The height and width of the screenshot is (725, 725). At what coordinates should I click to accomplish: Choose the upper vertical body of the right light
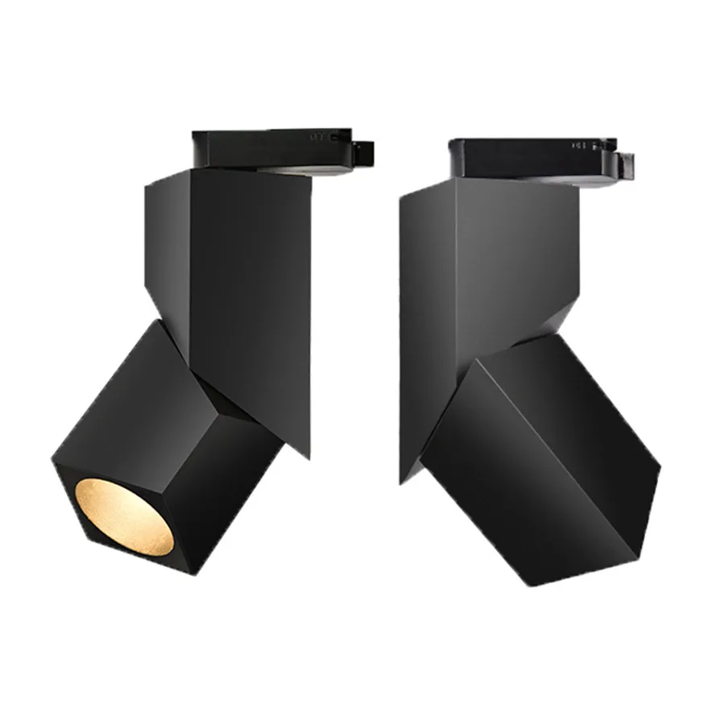click(516, 258)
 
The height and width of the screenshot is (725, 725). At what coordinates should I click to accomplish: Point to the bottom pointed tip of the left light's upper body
click(309, 457)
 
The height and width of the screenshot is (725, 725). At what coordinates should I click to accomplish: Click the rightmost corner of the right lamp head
click(659, 467)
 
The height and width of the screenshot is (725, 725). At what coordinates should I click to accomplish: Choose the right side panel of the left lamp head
click(234, 483)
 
